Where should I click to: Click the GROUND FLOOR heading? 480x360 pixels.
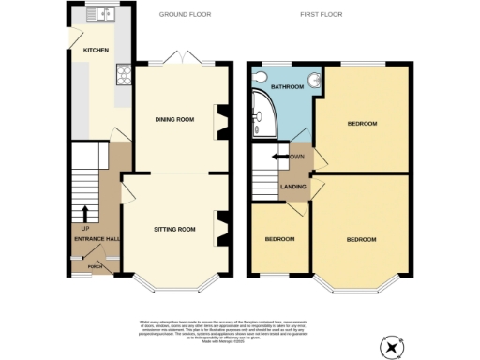185,16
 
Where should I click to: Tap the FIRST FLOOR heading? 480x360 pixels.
319,16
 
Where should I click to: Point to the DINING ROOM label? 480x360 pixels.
173,119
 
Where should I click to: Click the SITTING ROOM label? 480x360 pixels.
173,229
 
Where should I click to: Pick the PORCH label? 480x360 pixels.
95,265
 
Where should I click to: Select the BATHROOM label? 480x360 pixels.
288,87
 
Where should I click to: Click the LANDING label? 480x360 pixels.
293,186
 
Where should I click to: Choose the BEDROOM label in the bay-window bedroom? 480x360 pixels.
361,240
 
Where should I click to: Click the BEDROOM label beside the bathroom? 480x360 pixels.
362,124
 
